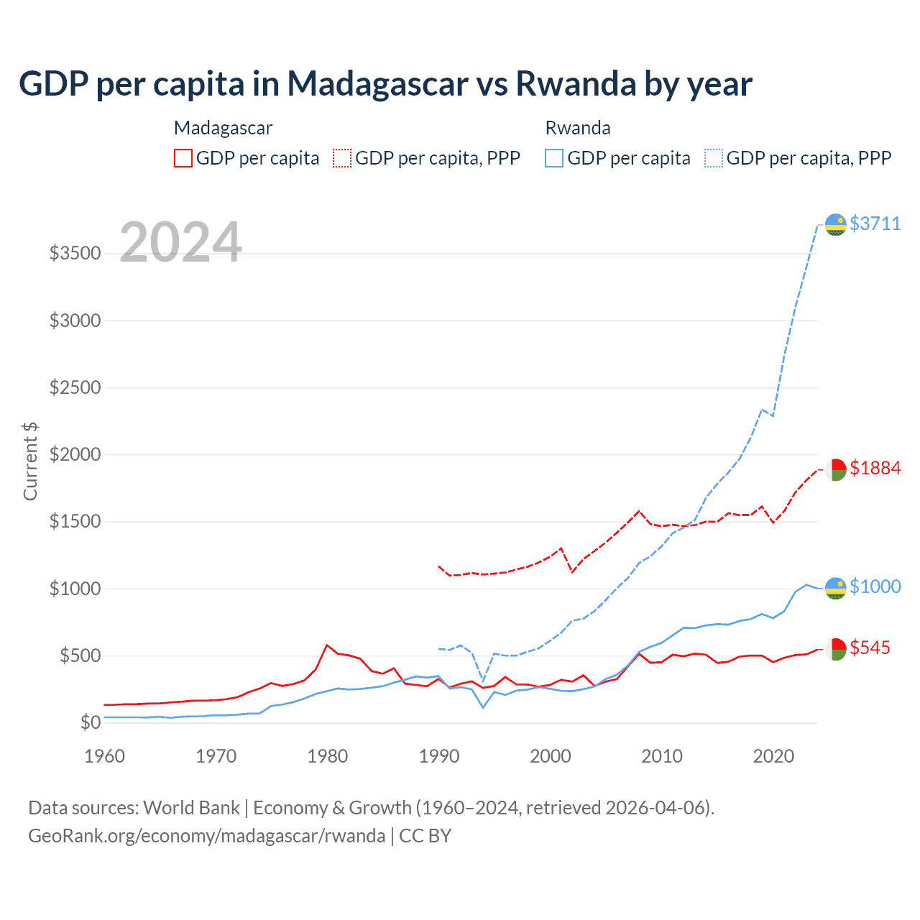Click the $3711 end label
pos(875,224)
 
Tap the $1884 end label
pos(875,468)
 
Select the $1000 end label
pos(875,586)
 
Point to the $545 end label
pos(870,648)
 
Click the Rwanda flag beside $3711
pos(835,225)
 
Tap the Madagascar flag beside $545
pos(835,649)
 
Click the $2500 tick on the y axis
pos(75,387)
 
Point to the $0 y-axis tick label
pos(90,722)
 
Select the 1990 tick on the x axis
pos(438,756)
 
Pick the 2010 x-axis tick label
pos(661,756)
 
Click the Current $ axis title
pos(30,461)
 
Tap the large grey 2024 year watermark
pos(180,242)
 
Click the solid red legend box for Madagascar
pos(183,158)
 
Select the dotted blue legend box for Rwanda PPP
pos(714,158)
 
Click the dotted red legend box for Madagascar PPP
pos(342,158)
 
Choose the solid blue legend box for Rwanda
pos(554,158)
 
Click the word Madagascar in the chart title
pos(378,84)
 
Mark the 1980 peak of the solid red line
pos(327,645)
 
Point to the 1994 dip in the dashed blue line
pos(483,680)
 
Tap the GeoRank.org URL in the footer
pos(207,836)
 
